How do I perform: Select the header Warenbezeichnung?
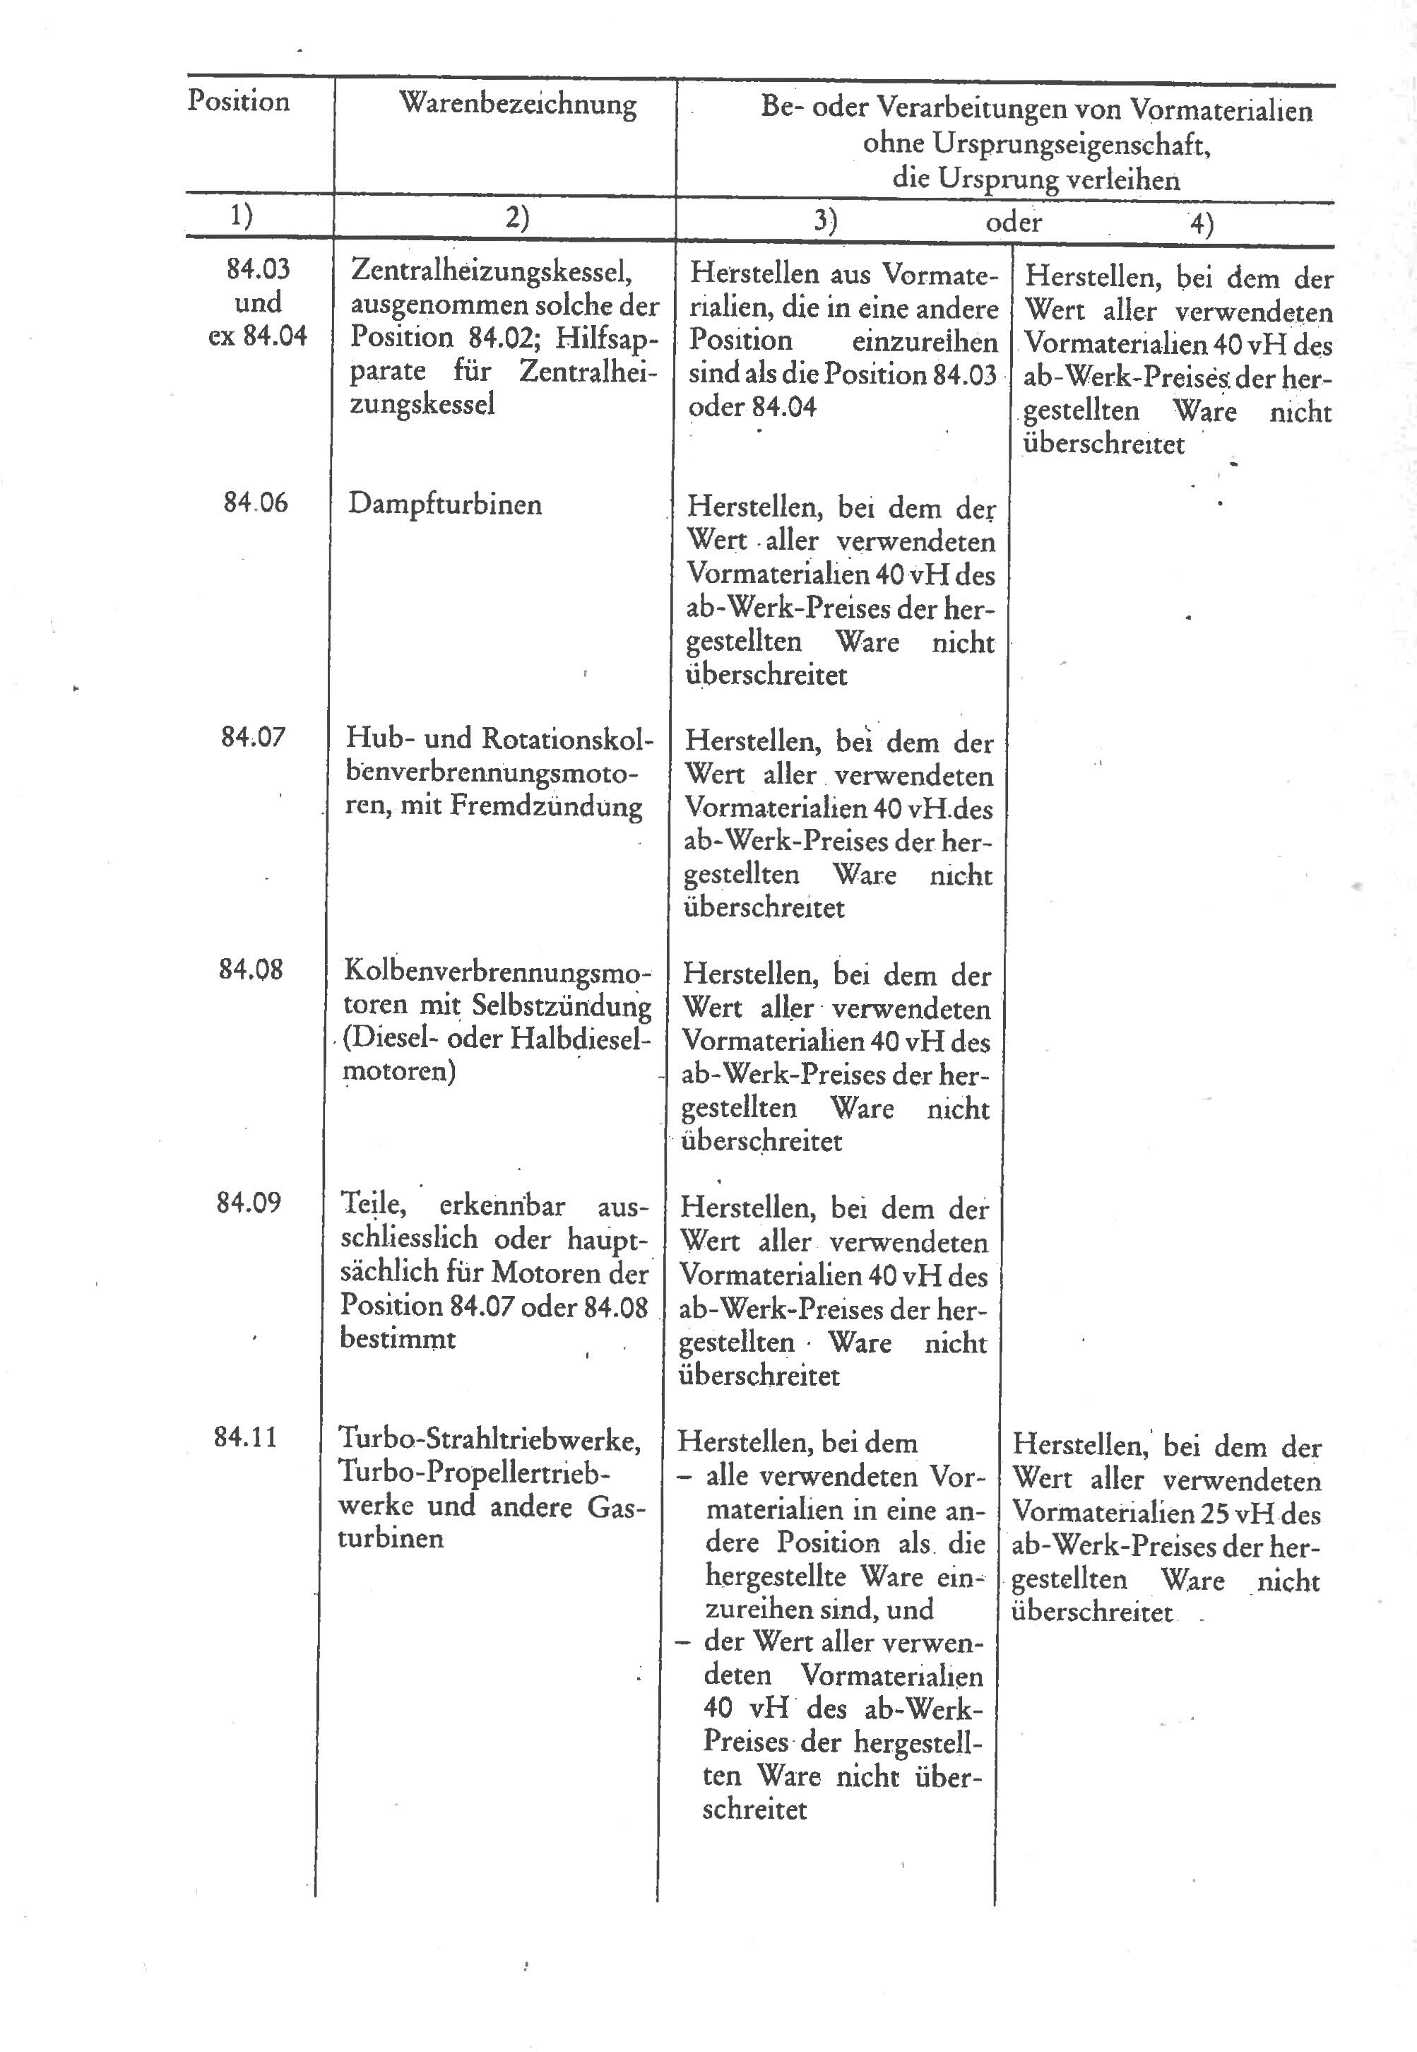point(518,105)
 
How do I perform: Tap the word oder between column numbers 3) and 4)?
point(1013,222)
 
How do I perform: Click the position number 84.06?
point(256,502)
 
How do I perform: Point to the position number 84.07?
point(254,736)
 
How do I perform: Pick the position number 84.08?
point(251,969)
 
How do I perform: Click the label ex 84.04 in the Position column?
point(257,336)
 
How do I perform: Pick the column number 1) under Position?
point(241,216)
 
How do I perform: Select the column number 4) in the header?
point(1202,224)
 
